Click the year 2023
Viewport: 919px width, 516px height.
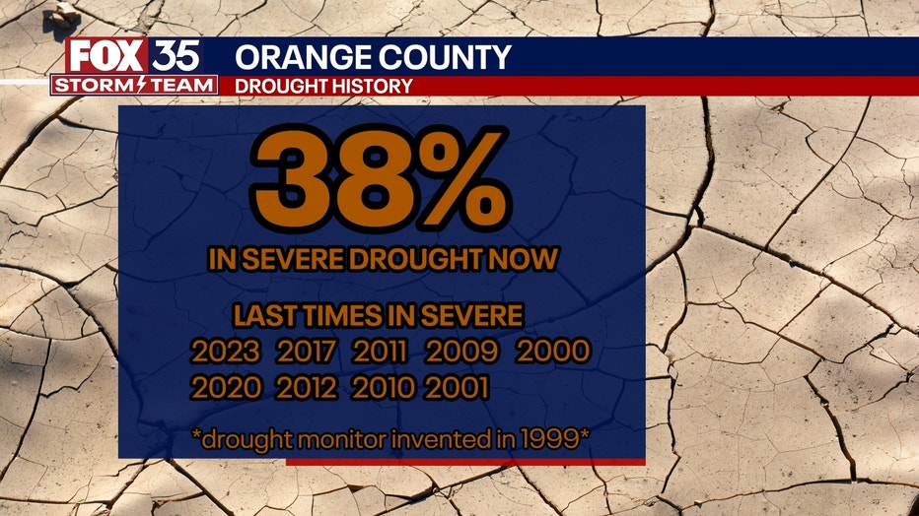tap(226, 351)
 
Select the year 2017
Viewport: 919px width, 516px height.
tap(307, 351)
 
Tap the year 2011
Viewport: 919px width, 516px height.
tap(380, 351)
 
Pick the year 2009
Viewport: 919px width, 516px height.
tap(461, 351)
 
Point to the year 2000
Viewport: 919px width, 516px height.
tap(553, 351)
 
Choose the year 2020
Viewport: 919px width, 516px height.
tap(226, 387)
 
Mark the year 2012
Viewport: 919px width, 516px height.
tap(307, 387)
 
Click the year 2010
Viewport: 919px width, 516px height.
tap(384, 387)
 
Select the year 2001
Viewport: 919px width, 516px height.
tap(457, 387)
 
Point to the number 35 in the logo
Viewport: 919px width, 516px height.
tap(176, 56)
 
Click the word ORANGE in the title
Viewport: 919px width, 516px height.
tap(303, 57)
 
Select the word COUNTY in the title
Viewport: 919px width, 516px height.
tap(446, 57)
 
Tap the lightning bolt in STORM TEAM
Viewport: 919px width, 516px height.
tap(141, 86)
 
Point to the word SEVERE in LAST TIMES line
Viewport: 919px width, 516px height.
tap(471, 316)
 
